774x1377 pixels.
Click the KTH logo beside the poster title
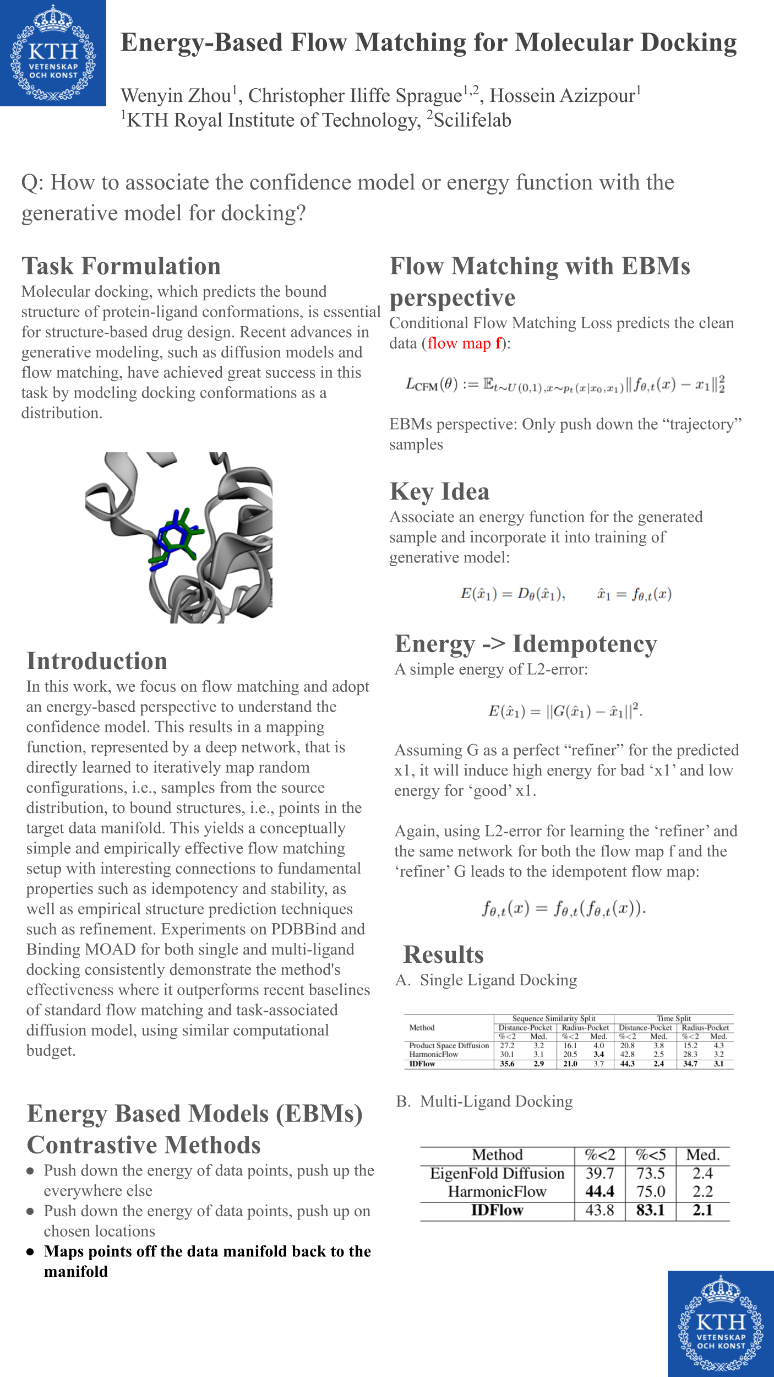(x=53, y=53)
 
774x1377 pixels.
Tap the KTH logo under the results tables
(x=721, y=1324)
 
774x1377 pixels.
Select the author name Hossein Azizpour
(x=563, y=96)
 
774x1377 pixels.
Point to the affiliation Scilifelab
(x=472, y=120)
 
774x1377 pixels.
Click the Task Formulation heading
(x=121, y=266)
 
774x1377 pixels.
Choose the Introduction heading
(x=97, y=661)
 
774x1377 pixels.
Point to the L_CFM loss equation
(x=565, y=384)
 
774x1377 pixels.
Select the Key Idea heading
(x=439, y=491)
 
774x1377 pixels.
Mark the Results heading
(x=443, y=955)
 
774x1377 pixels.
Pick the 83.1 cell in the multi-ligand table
(x=650, y=1211)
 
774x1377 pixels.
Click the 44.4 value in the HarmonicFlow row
(x=599, y=1192)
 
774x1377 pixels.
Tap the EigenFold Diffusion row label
(x=497, y=1174)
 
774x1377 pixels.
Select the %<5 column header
(x=650, y=1155)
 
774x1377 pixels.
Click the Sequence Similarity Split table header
(x=554, y=1018)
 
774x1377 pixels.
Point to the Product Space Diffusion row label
(x=449, y=1045)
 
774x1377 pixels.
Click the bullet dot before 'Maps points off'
(x=30, y=1252)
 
